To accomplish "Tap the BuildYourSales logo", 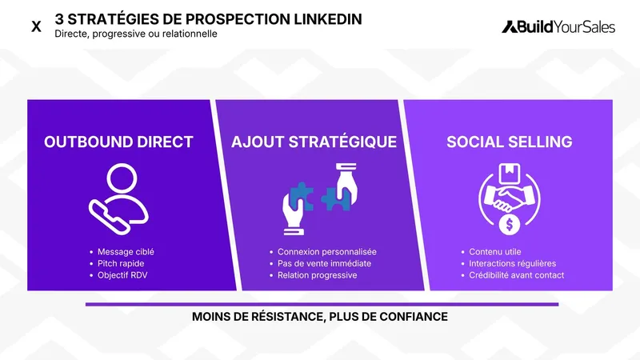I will click(x=558, y=26).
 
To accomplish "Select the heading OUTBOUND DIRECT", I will click(x=118, y=142).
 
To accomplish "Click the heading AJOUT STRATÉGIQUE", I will click(x=314, y=142).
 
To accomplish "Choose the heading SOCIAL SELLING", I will click(x=509, y=142).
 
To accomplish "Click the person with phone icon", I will click(x=118, y=197).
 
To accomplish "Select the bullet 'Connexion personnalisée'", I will click(x=326, y=252).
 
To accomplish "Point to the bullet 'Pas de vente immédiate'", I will click(x=324, y=263).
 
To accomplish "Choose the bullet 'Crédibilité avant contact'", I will click(x=517, y=275).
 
